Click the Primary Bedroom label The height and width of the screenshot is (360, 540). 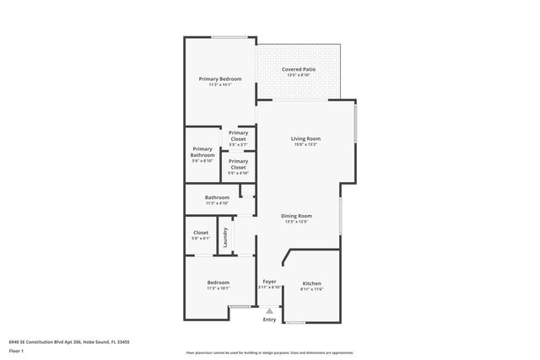(220, 78)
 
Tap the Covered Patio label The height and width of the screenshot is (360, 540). (300, 69)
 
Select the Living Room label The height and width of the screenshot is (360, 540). (305, 138)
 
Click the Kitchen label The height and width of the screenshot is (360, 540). (311, 283)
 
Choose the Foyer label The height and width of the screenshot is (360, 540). (269, 281)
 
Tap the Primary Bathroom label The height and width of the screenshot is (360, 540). (202, 152)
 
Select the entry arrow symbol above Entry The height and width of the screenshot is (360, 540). (269, 311)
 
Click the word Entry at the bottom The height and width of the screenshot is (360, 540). (269, 320)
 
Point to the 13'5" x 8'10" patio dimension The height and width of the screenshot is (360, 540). (300, 75)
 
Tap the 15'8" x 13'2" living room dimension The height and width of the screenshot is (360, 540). (305, 144)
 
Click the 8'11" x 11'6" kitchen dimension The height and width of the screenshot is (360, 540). (311, 289)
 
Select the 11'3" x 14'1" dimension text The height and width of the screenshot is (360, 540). (220, 84)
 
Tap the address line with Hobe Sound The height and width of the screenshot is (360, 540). (68, 342)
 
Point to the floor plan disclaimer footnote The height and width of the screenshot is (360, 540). (269, 352)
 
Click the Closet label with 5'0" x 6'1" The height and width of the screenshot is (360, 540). (201, 235)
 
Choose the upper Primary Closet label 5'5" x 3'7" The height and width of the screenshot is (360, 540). (238, 138)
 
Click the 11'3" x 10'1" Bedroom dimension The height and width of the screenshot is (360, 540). (218, 288)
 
